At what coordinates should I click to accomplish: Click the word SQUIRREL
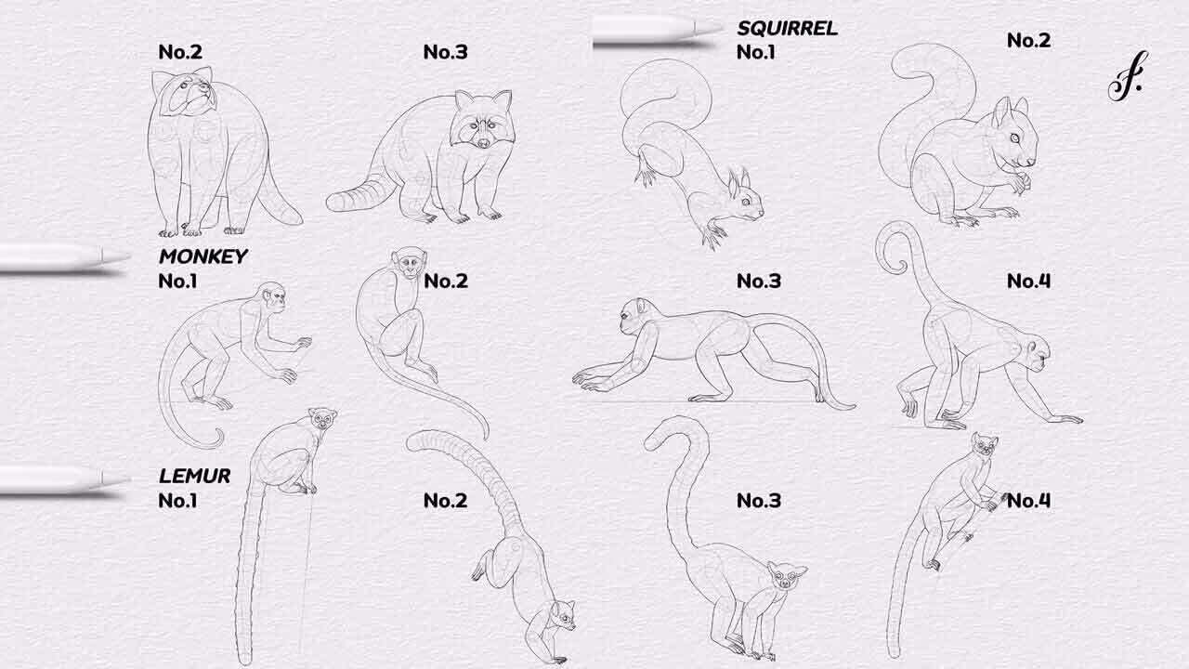[787, 28]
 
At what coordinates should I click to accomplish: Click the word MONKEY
[203, 256]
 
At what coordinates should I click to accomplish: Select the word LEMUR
[194, 476]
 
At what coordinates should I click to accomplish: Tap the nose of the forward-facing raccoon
[484, 143]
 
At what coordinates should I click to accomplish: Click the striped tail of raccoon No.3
[361, 194]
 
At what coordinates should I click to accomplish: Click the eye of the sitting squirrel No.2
[1014, 138]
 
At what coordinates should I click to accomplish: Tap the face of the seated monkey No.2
[409, 264]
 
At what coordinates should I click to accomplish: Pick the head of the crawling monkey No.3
[637, 316]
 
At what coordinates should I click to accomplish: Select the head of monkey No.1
[270, 298]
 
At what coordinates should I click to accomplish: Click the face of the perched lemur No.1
[322, 419]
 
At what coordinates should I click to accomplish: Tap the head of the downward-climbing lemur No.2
[562, 617]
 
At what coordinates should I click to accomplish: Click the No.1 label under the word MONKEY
[177, 282]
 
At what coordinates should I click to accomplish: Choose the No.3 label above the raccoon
[445, 52]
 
